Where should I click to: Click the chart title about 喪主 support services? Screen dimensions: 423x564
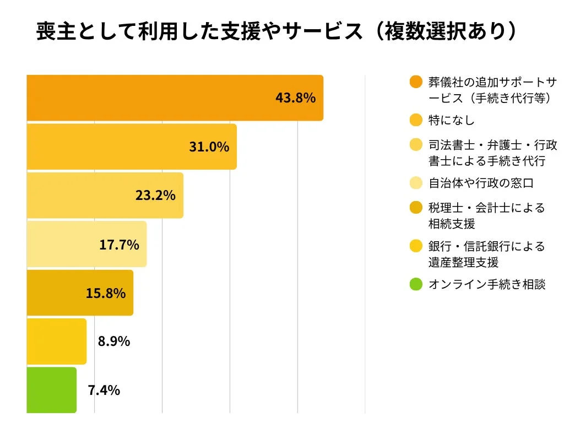coord(277,32)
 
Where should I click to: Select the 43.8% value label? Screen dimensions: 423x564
coord(295,98)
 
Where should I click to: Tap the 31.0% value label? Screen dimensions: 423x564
coord(209,147)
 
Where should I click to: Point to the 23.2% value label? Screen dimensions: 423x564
coord(155,196)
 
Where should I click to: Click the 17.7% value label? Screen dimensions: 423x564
coord(119,245)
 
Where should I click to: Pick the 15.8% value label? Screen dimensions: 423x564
coord(105,293)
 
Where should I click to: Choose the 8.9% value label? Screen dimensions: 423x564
coord(114,341)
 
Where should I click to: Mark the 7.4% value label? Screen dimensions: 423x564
coord(104,391)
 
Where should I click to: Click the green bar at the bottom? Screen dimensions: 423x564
coord(51,390)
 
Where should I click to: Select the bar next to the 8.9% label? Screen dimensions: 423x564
coord(56,341)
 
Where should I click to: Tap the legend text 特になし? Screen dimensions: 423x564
coord(451,120)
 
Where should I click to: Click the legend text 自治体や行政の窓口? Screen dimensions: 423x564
coord(481,183)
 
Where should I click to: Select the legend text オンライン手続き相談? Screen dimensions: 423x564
coord(487,285)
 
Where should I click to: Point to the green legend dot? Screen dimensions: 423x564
coord(416,285)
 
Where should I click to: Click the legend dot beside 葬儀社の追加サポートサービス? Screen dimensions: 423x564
coord(416,83)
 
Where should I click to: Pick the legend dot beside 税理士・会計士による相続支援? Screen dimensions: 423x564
coord(416,208)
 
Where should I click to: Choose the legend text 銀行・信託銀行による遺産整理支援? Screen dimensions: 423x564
coord(486,254)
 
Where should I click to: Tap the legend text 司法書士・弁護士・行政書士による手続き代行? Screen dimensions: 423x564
coord(492,153)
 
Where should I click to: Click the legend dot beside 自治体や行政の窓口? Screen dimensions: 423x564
coord(416,183)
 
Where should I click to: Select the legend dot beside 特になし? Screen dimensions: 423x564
coord(416,120)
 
